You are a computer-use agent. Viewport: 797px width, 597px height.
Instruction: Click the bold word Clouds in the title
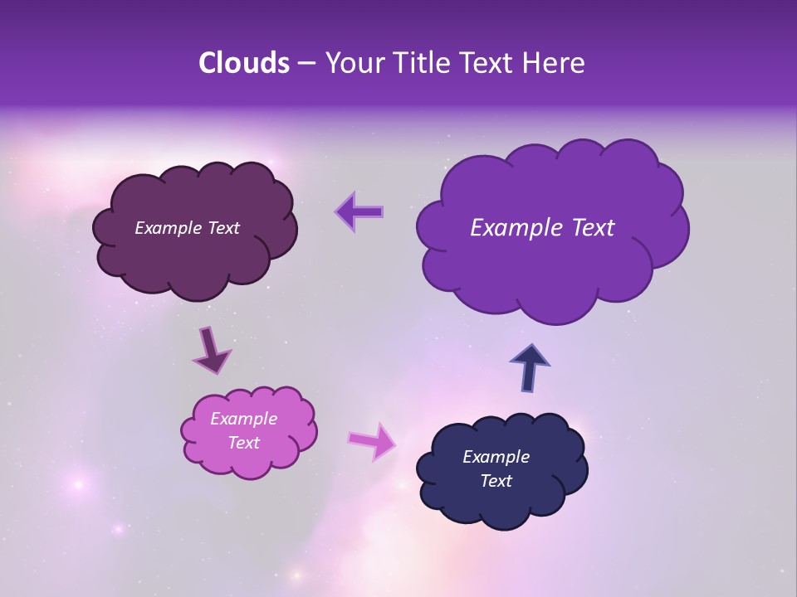[243, 63]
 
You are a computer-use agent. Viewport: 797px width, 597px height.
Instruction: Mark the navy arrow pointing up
[530, 367]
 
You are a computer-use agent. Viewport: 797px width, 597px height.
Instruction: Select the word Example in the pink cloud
[243, 419]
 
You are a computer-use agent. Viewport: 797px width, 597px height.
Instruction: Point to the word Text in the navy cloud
[496, 481]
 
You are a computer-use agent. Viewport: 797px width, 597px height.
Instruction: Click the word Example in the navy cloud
[496, 457]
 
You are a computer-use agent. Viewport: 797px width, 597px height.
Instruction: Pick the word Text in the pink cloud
[243, 443]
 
